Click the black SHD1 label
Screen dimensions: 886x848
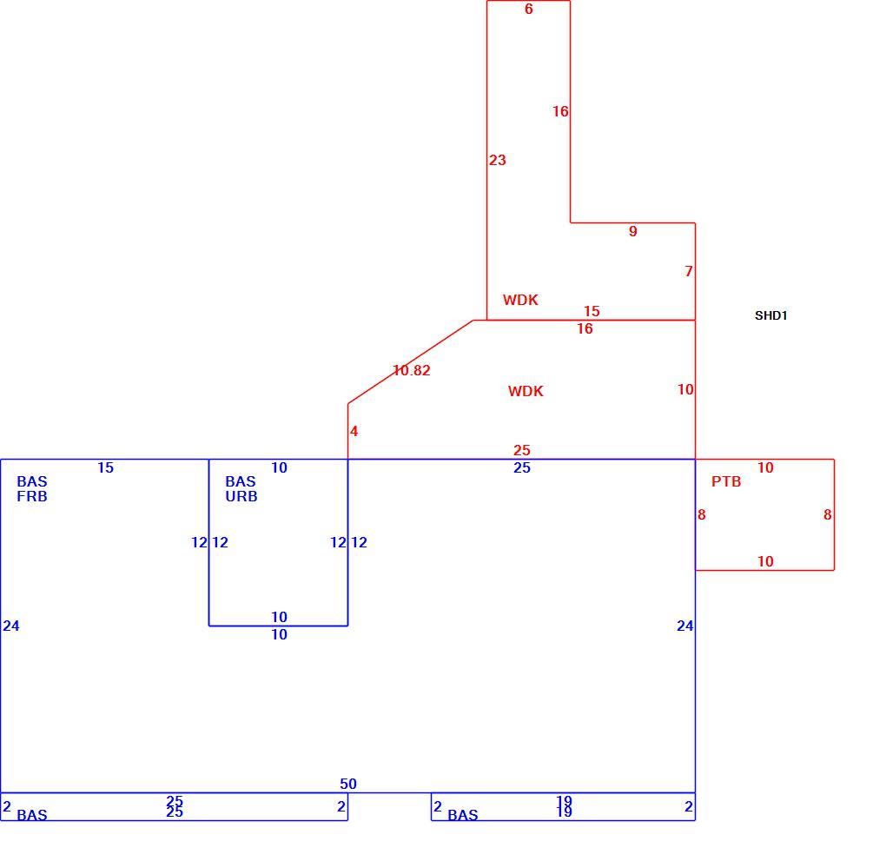pyautogui.click(x=770, y=315)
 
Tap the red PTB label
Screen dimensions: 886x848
pyautogui.click(x=726, y=481)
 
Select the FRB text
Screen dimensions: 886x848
pyautogui.click(x=32, y=496)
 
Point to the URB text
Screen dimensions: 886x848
pyautogui.click(x=241, y=496)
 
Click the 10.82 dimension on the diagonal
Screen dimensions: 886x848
pyautogui.click(x=412, y=370)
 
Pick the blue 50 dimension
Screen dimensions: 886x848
pyautogui.click(x=348, y=784)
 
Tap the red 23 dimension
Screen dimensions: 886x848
pyautogui.click(x=497, y=160)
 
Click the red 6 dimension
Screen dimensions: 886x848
pyautogui.click(x=529, y=9)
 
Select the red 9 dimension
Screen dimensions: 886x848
pyautogui.click(x=633, y=231)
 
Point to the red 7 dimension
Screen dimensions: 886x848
pyautogui.click(x=689, y=271)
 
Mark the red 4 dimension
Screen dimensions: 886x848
pyautogui.click(x=354, y=431)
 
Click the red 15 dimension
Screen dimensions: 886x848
pyautogui.click(x=592, y=311)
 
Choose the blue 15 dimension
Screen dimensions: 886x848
pyautogui.click(x=106, y=467)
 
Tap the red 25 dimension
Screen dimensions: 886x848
pyautogui.click(x=521, y=450)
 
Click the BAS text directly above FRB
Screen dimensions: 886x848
pyautogui.click(x=32, y=481)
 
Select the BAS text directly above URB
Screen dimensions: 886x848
pyautogui.click(x=241, y=481)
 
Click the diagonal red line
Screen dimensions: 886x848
pyautogui.click(x=410, y=361)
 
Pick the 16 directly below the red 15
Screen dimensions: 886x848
pyautogui.click(x=585, y=328)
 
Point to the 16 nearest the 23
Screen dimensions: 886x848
pyautogui.click(x=560, y=111)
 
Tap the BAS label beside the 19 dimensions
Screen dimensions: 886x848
pyautogui.click(x=463, y=815)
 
